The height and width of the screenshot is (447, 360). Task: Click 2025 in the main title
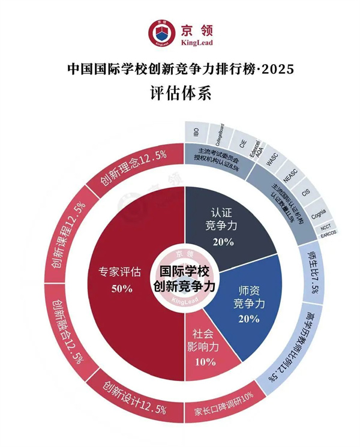[x=275, y=69]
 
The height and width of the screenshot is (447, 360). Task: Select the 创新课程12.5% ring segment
[x=68, y=234]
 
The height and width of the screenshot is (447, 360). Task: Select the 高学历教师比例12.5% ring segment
[x=294, y=345]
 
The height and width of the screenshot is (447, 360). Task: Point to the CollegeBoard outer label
[x=219, y=134]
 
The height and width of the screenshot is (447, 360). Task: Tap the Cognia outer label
[x=317, y=211]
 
